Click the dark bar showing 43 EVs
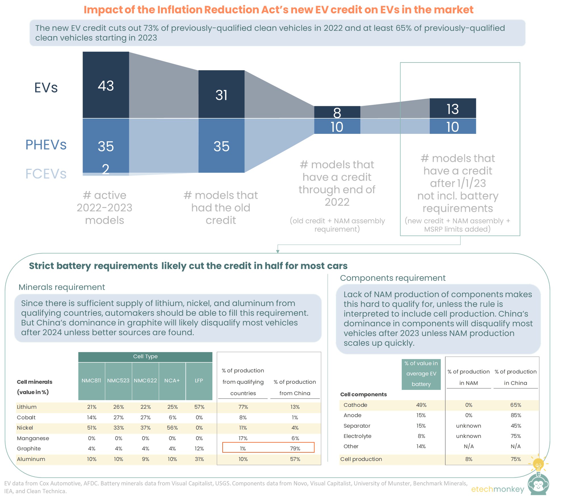(x=106, y=85)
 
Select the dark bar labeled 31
(x=221, y=94)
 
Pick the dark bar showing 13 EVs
(x=452, y=108)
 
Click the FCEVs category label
(x=46, y=174)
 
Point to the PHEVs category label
(x=46, y=145)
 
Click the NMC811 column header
(x=91, y=381)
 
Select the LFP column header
(x=199, y=381)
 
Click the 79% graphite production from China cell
(x=295, y=448)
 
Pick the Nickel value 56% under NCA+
(x=172, y=428)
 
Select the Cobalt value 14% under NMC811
(x=91, y=417)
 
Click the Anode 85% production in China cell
(x=515, y=415)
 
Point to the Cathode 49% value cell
(x=421, y=405)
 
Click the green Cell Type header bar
(x=145, y=356)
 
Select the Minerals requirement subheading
(x=62, y=287)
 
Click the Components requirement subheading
(x=392, y=278)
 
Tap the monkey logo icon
(x=538, y=483)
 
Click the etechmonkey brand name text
(x=498, y=489)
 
